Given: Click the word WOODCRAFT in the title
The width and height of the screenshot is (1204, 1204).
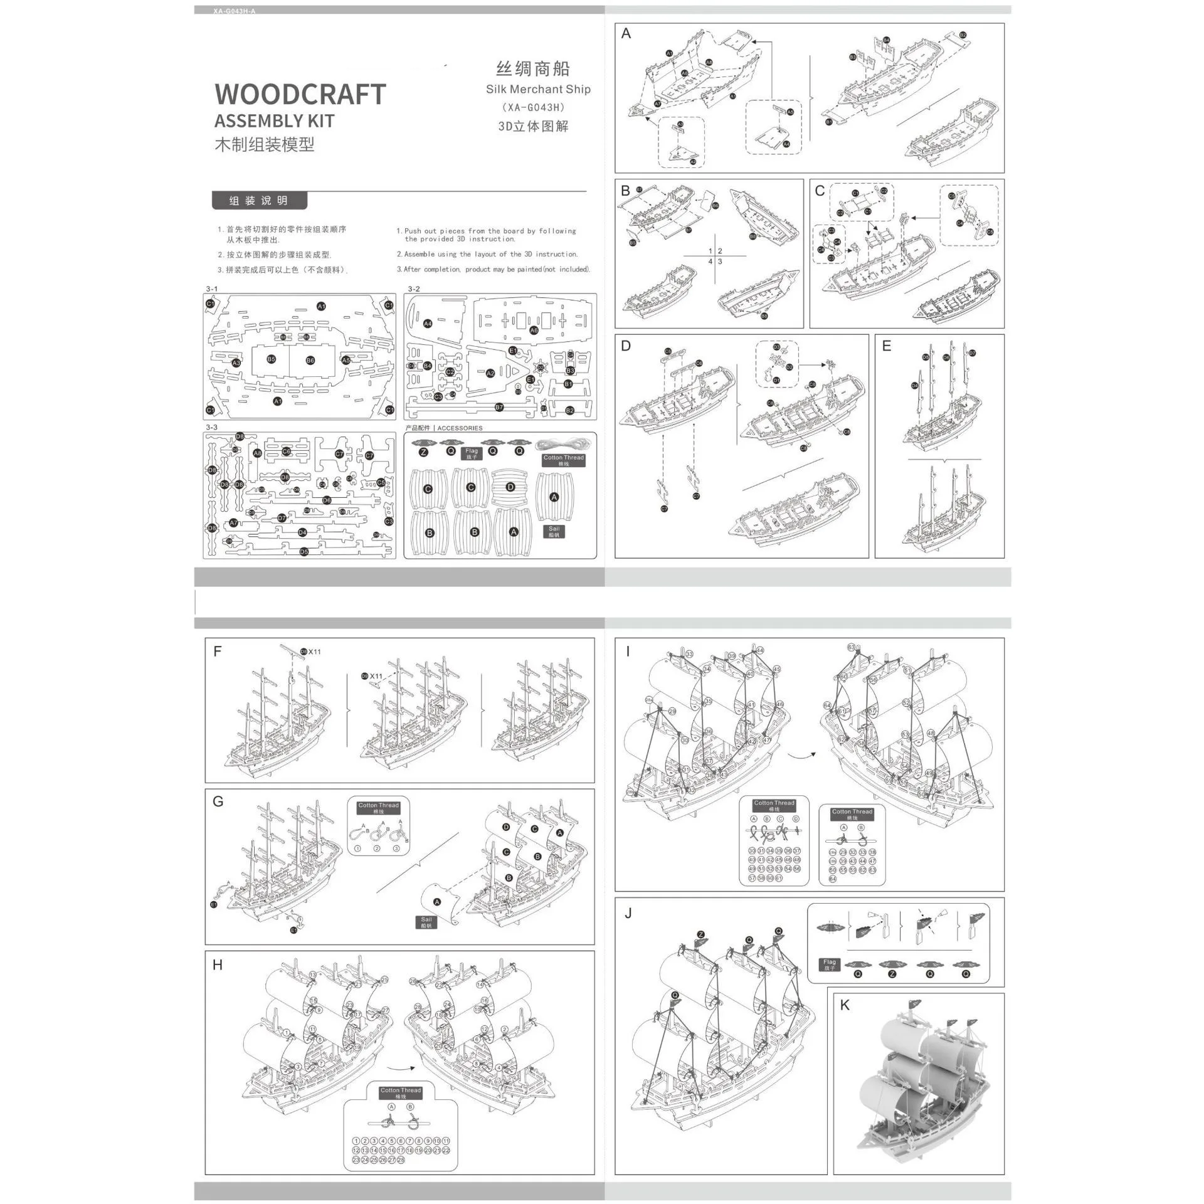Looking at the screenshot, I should tap(300, 94).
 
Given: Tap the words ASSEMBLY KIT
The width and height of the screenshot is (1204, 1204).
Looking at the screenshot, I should tap(274, 121).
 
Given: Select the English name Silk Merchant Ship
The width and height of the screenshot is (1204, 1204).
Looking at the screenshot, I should tap(538, 89).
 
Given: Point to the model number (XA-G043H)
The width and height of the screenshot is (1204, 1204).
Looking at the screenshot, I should tap(533, 107).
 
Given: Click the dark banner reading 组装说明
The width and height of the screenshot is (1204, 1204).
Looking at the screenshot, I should tap(259, 201).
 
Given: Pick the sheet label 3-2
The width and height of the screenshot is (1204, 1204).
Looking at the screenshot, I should tap(414, 289).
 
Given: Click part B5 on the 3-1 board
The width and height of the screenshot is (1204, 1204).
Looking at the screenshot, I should tap(272, 359).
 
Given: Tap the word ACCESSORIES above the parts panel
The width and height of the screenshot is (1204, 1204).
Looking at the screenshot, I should tap(460, 428).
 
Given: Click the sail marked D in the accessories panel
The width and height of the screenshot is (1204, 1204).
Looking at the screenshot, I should tap(510, 487).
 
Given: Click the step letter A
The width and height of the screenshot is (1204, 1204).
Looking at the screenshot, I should tap(626, 34).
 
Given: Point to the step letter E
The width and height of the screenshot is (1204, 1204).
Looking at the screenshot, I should tap(886, 346).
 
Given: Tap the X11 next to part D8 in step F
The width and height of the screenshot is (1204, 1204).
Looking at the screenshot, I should tap(314, 652).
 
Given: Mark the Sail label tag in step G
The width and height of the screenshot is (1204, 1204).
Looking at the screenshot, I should tap(426, 922).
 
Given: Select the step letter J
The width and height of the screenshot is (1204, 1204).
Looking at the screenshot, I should tap(628, 914).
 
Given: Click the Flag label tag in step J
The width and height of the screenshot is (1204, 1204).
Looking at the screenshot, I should tap(830, 964).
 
